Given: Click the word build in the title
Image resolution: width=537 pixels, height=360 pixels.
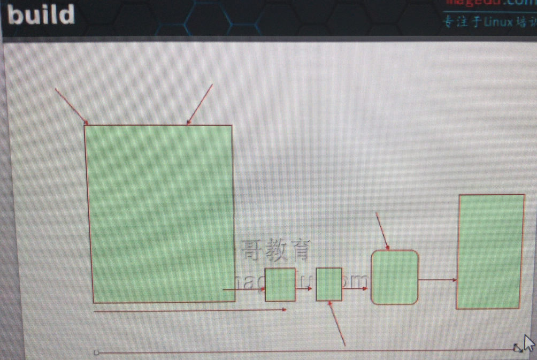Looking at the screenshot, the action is [x=41, y=15].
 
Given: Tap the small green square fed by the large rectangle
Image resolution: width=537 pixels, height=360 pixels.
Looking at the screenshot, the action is [x=280, y=285].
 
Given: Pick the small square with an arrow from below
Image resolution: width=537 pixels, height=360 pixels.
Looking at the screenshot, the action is [x=329, y=285].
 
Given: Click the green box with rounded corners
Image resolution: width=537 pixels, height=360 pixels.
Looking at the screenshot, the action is [x=395, y=277].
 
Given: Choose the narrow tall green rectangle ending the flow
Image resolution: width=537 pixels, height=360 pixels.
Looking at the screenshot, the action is [x=490, y=251].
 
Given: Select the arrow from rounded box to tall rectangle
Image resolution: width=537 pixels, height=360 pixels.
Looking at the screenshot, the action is [x=437, y=280].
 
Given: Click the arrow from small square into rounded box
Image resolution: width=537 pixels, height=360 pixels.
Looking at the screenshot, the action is [x=355, y=288].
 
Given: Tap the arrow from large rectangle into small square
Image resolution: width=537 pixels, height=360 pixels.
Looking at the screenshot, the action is [x=244, y=289].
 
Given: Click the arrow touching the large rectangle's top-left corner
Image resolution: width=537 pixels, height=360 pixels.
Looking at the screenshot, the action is [x=71, y=106].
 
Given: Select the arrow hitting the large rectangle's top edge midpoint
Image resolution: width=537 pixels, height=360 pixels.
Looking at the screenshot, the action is [x=200, y=104].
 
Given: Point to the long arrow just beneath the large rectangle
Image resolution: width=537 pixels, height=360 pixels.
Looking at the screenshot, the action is [x=190, y=310].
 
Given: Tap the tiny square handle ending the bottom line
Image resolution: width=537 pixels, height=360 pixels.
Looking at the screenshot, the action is [x=96, y=353].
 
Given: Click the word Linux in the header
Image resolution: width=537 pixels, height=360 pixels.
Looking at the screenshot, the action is [x=498, y=23].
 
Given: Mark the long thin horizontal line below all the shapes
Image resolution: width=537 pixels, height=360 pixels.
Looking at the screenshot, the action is [x=305, y=351].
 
